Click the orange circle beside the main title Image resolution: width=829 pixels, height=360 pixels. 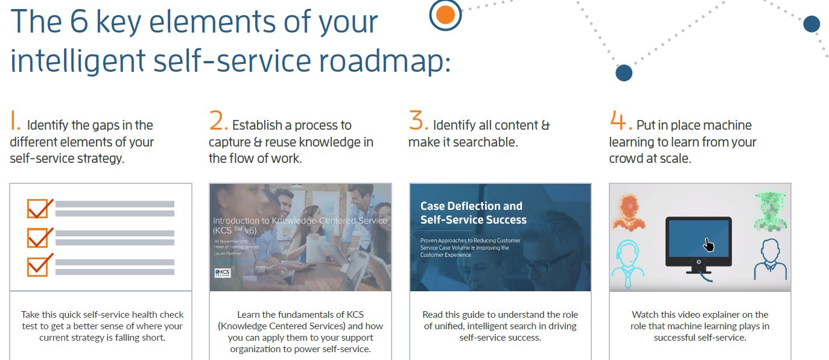[x=445, y=14]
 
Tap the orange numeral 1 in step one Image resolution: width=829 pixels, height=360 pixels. [x=15, y=121]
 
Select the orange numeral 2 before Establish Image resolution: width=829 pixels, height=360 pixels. [x=218, y=121]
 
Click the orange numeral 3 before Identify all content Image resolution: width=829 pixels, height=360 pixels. [x=418, y=121]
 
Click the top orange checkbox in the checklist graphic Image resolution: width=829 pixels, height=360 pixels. [x=38, y=209]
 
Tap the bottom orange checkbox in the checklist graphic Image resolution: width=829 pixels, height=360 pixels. [x=38, y=266]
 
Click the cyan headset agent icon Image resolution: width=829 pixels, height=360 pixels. [x=628, y=263]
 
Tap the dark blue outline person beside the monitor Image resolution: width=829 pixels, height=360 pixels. [x=770, y=259]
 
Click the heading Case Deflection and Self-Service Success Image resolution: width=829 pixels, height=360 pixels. [x=473, y=213]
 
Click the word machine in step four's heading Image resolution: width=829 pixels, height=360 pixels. [x=729, y=125]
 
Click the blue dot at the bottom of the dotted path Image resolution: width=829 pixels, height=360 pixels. [x=623, y=73]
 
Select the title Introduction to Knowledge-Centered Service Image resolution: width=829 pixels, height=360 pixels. [x=300, y=225]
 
